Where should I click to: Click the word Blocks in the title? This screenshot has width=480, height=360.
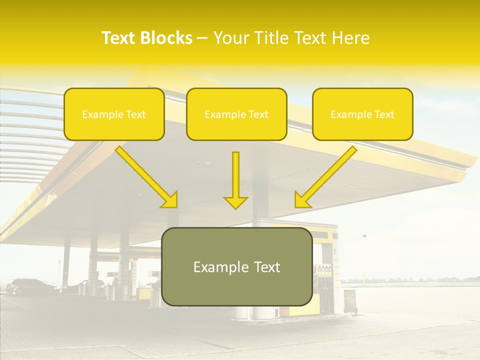coord(167,38)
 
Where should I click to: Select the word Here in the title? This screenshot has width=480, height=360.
coord(351,38)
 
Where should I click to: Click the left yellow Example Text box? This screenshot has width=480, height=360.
coord(114,114)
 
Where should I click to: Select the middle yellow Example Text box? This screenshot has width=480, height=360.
coord(236,114)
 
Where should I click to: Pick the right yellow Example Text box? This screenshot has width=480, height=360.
coord(362,114)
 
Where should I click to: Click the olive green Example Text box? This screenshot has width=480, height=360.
coord(237,267)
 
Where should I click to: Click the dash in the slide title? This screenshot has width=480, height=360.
coord(203,38)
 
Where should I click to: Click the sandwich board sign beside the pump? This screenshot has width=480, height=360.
coord(350,302)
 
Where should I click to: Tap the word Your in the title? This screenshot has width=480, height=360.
coord(232,38)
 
